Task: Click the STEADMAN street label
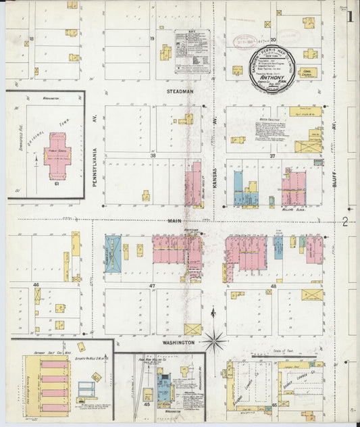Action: [180, 91]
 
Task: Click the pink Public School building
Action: [57, 156]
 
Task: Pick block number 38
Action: [153, 155]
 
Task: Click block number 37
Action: [273, 155]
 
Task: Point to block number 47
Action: [153, 286]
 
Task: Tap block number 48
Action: [274, 286]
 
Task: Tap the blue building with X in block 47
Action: [113, 253]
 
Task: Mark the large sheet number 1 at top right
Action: [351, 16]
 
